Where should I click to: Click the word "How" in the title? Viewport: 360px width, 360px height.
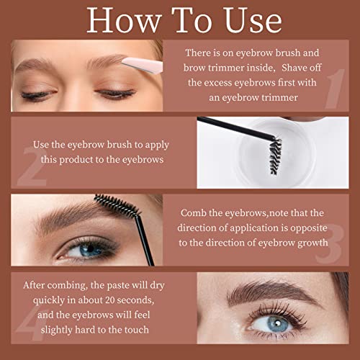coord(124,20)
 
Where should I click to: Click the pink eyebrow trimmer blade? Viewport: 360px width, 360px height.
coord(142,65)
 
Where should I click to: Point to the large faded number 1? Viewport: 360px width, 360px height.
coord(335,89)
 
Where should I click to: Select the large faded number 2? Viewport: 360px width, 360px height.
coord(32,166)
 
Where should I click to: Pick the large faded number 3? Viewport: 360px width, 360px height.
coord(329,244)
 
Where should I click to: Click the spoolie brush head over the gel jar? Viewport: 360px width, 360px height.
coord(275,156)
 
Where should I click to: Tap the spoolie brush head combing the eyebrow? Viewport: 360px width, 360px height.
coord(117,205)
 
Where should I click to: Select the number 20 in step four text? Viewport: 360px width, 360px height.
coord(110,300)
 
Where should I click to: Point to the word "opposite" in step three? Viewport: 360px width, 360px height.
coord(309,228)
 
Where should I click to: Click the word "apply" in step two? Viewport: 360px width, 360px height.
coord(157,145)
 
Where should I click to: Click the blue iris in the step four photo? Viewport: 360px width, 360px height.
coord(278,324)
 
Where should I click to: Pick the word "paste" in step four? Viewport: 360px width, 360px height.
coord(118,286)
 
